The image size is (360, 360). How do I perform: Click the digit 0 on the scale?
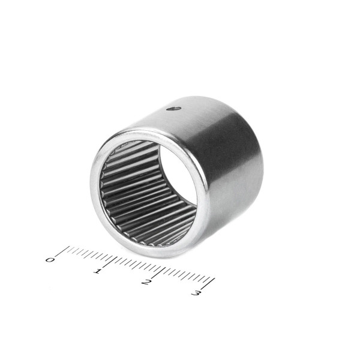[x=50, y=260]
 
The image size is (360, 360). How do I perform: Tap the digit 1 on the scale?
[x=97, y=271]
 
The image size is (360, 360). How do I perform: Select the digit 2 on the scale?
[x=146, y=282]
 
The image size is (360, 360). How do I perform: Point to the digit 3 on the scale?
[x=196, y=293]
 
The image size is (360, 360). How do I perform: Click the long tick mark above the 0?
[x=62, y=251]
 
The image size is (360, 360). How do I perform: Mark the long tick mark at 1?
[x=109, y=262]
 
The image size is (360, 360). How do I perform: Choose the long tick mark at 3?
[x=208, y=284]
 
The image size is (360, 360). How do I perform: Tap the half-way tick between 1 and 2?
[x=137, y=266]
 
